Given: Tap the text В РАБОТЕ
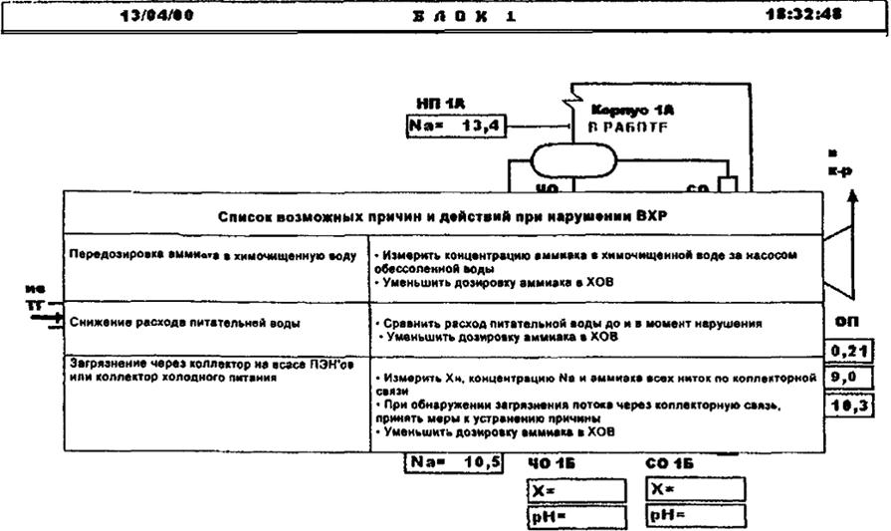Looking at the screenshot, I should (631, 128).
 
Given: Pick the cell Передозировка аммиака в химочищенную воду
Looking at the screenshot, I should (213, 255).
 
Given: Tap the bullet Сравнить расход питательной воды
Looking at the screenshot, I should (572, 324).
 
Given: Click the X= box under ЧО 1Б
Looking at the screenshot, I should (577, 490).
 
